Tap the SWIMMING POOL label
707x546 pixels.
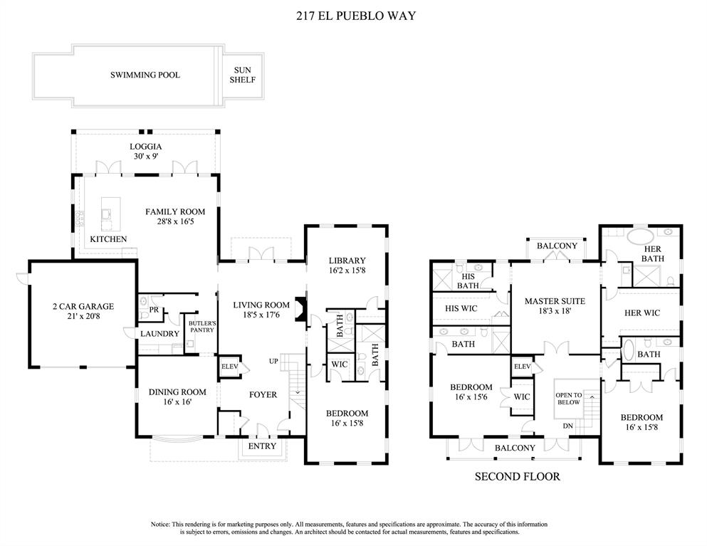145,75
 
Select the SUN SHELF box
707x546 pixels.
242,75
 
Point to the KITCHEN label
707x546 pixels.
108,239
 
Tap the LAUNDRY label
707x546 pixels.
159,334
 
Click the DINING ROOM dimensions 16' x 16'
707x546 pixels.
177,402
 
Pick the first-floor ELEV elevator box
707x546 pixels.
229,367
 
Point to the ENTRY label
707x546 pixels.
262,446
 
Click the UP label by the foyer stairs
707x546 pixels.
273,361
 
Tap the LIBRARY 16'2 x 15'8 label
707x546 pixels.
347,266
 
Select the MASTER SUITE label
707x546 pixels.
554,302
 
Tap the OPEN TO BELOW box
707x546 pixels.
569,399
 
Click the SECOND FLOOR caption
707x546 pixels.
517,476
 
